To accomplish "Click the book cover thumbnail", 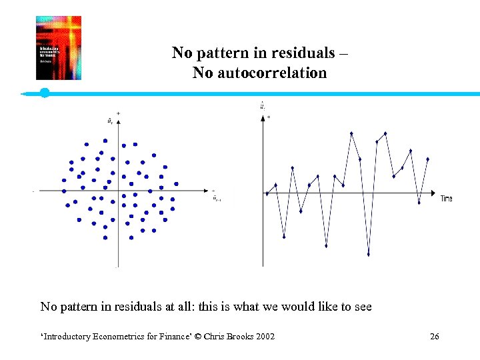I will click(59, 48).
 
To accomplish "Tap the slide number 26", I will click(435, 336).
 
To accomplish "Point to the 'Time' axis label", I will click(446, 199).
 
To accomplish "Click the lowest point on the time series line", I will click(368, 254).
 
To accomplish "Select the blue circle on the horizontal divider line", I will click(45, 93).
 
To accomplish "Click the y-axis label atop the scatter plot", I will click(109, 121).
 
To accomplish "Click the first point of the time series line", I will click(267, 193).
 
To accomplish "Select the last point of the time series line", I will click(427, 159).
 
